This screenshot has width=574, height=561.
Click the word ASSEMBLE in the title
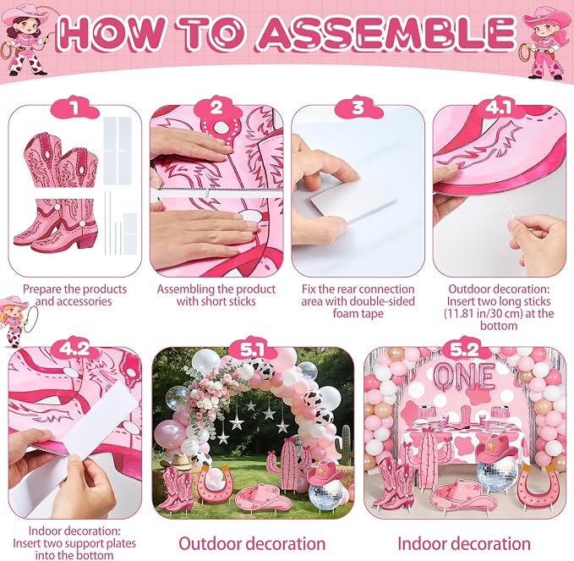(x=385, y=33)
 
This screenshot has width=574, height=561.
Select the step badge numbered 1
(x=75, y=108)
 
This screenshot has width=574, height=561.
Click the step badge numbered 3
(x=358, y=108)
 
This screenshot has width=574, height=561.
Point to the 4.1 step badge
(x=500, y=108)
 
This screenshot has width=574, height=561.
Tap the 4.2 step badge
(x=74, y=348)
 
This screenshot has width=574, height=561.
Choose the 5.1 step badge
(x=253, y=349)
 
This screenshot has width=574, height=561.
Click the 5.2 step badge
(x=464, y=349)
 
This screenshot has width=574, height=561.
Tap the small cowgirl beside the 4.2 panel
(x=17, y=321)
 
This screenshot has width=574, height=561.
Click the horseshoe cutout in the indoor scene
(x=540, y=486)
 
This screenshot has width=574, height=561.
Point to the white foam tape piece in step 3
(x=353, y=201)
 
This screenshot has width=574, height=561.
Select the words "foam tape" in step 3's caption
(x=358, y=314)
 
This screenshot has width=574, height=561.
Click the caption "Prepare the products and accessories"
(x=74, y=295)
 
